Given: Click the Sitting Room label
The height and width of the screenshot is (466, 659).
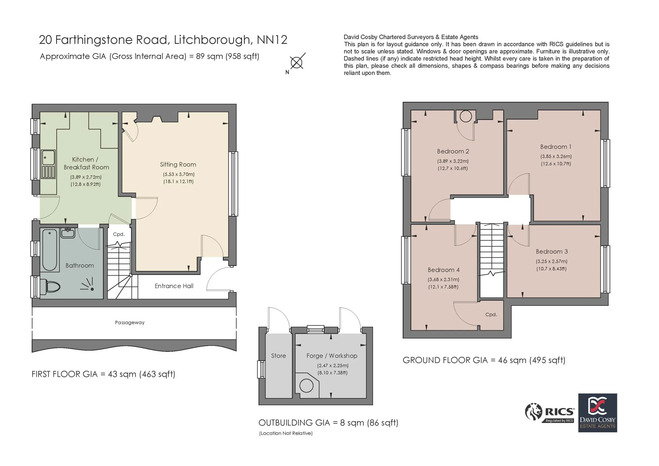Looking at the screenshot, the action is (178, 165).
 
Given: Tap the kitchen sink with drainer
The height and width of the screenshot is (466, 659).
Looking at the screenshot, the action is (48, 165).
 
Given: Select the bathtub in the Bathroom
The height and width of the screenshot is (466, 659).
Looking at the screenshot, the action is (50, 250).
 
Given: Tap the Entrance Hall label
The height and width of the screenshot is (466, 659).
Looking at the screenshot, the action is (174, 286).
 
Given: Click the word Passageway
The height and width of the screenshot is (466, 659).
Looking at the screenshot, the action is (130, 322).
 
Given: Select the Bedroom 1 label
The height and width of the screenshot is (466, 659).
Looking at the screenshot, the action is (556, 147).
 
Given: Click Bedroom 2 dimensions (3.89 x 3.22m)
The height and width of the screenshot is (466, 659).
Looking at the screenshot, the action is (453, 161).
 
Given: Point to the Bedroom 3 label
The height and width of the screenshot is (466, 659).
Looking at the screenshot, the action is (552, 252).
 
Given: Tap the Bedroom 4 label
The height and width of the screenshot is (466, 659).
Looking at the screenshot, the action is (444, 270).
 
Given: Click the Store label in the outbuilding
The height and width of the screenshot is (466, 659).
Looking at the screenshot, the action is (279, 356).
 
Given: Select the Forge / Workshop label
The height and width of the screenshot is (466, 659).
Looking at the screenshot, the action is (332, 356).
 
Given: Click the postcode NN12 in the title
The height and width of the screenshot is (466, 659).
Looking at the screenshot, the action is (272, 40).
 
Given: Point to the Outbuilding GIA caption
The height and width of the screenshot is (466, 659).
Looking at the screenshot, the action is (328, 423).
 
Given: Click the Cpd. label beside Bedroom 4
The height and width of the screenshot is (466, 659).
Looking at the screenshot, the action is (491, 314).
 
